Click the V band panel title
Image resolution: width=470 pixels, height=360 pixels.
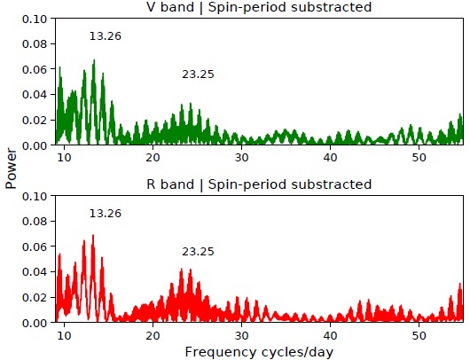[258, 7]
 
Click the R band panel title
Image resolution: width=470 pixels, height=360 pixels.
[258, 184]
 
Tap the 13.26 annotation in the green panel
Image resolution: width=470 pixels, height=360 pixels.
[106, 36]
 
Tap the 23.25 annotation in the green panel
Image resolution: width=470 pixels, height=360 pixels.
[198, 74]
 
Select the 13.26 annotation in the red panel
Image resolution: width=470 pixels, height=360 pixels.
[106, 214]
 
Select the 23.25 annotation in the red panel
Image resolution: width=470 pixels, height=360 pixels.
[198, 252]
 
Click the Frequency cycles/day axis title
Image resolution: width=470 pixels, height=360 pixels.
[258, 351]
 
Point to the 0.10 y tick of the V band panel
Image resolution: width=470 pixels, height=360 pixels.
[34, 18]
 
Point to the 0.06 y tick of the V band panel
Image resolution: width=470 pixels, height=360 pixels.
[34, 69]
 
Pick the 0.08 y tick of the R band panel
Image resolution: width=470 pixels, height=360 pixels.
[34, 221]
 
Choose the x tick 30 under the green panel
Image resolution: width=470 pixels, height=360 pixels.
[241, 157]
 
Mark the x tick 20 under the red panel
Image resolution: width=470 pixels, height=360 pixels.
[153, 335]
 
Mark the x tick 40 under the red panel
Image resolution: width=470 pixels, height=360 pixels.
[330, 335]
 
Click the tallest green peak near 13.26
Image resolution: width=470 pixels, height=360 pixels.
[93, 61]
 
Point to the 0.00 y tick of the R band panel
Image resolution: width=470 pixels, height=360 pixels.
[34, 323]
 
